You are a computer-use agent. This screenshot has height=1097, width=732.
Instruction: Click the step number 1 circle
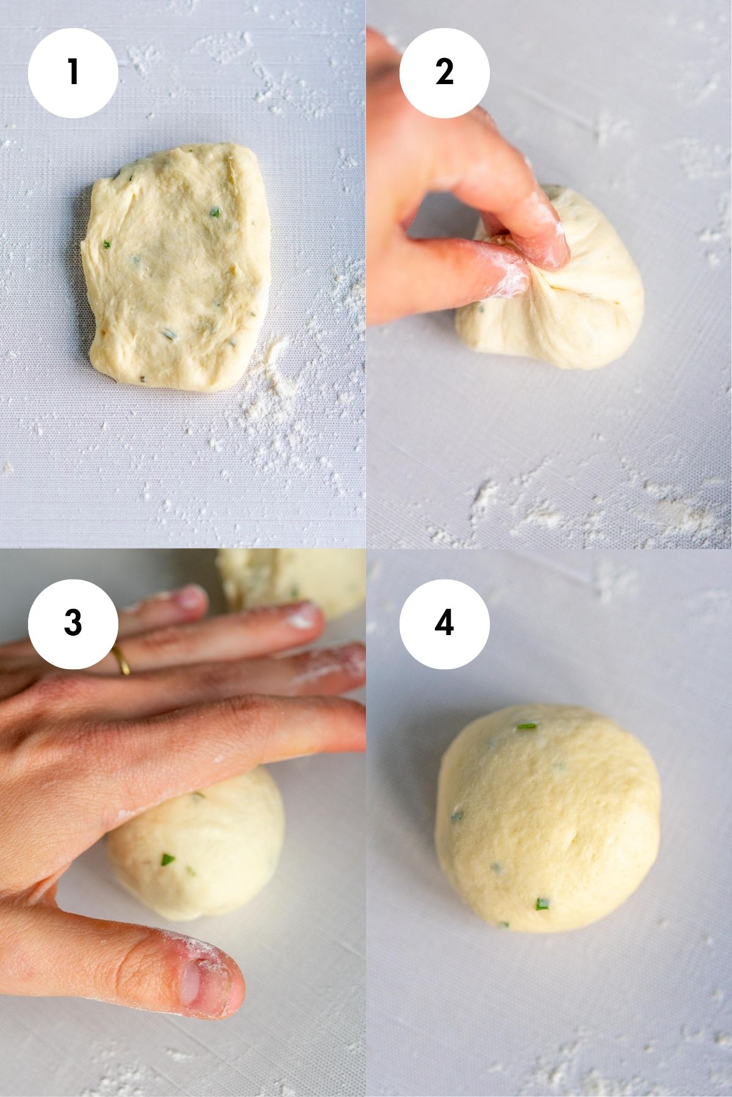click(73, 73)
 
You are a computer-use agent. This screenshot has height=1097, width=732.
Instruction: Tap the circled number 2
click(444, 73)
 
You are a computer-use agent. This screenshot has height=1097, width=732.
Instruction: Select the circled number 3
click(73, 623)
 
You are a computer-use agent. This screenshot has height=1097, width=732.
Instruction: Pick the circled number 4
click(444, 623)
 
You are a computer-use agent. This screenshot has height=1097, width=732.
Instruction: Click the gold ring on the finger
click(121, 660)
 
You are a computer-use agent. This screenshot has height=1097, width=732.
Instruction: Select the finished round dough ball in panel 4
click(548, 817)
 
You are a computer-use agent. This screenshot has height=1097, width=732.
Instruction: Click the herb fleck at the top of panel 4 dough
click(526, 726)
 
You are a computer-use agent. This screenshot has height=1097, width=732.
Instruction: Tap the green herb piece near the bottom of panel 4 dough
click(541, 904)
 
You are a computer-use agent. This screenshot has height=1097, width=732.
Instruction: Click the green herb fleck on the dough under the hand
click(167, 860)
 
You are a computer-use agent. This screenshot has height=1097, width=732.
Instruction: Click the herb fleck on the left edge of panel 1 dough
click(107, 245)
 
